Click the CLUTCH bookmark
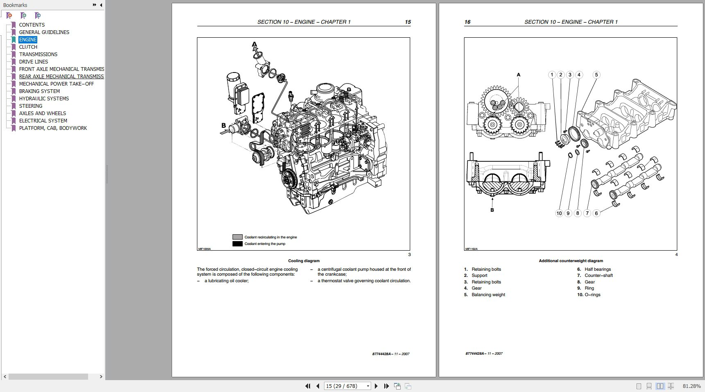(28, 47)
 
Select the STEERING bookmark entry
(30, 106)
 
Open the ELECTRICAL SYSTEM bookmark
(43, 121)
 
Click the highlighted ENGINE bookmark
(28, 40)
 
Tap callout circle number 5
(596, 75)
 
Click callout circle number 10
(559, 213)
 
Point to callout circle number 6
(596, 213)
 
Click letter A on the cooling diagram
(254, 44)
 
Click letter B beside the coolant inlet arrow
(224, 125)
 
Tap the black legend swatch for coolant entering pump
(238, 244)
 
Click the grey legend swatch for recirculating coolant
(238, 237)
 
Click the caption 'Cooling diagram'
(304, 261)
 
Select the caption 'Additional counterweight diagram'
(571, 261)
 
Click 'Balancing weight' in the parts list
(488, 295)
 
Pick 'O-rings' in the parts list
(592, 295)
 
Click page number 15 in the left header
(408, 22)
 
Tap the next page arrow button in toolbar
(376, 386)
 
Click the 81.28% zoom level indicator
(691, 386)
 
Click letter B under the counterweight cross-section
(492, 210)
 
